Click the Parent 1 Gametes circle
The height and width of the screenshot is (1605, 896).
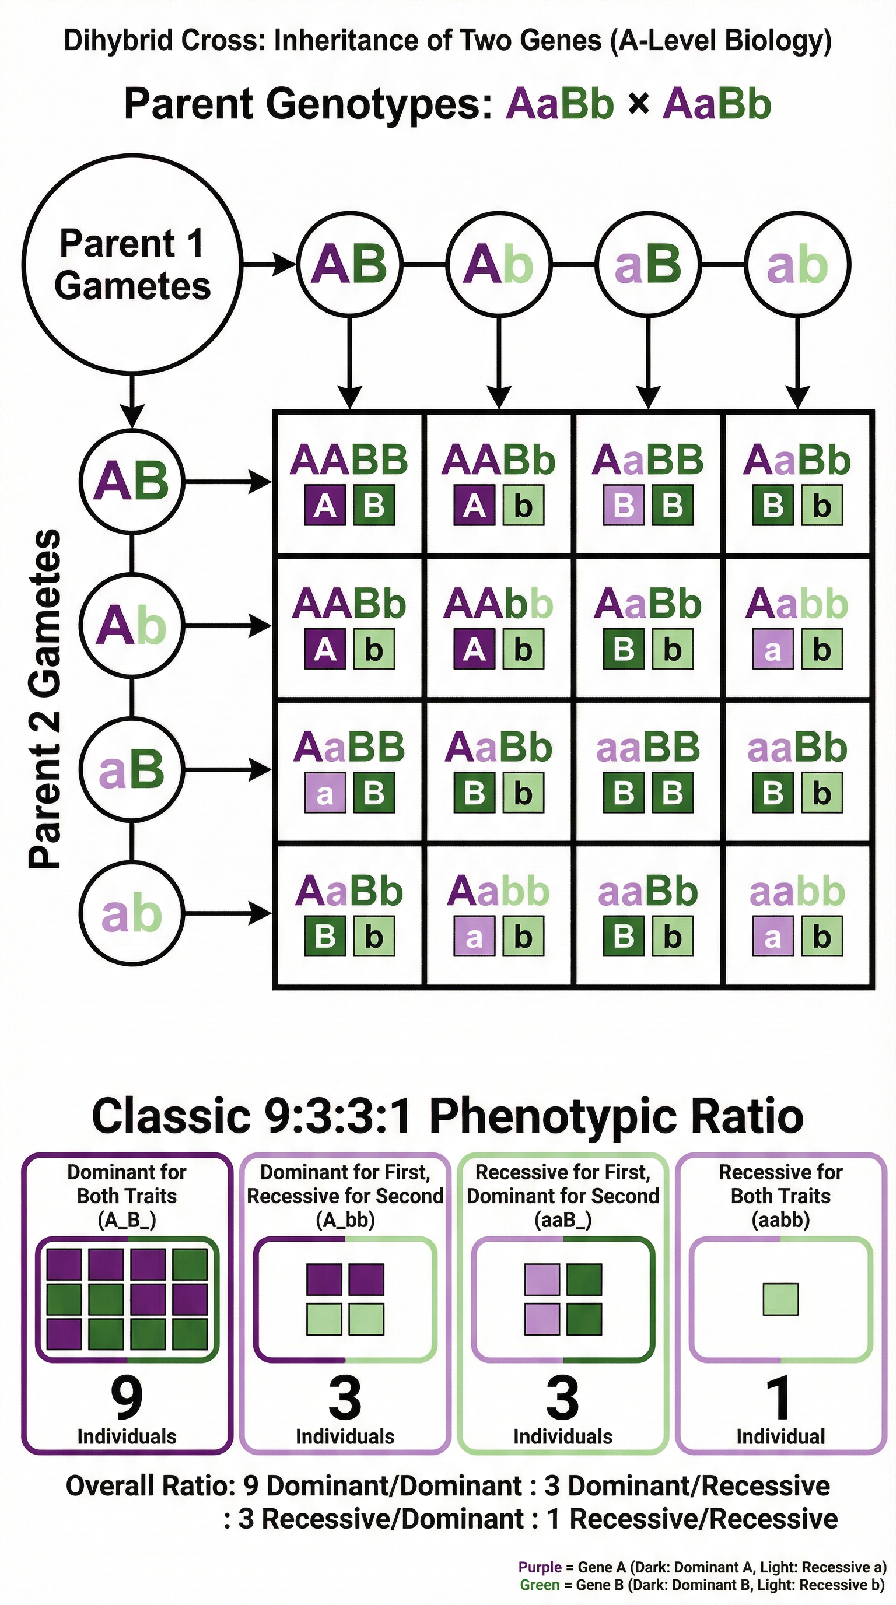(x=131, y=264)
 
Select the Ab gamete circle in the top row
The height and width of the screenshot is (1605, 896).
(x=499, y=264)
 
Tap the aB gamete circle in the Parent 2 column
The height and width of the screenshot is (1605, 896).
(x=131, y=769)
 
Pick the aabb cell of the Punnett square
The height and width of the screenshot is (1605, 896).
(x=797, y=914)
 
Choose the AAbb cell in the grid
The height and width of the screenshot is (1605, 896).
(x=499, y=627)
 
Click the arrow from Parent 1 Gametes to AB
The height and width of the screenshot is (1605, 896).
(x=268, y=265)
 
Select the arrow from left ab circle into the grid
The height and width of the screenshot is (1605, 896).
(x=228, y=913)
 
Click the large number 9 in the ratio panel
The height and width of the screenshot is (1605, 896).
(x=127, y=1399)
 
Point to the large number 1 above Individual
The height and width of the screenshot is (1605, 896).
(x=779, y=1399)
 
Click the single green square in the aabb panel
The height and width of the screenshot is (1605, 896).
(x=780, y=1299)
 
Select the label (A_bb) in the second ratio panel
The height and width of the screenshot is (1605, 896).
(x=345, y=1219)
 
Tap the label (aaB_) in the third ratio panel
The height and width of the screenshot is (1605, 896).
(x=563, y=1219)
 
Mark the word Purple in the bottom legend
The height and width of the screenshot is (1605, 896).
(x=539, y=1567)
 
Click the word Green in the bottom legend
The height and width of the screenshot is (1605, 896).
(x=540, y=1585)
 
